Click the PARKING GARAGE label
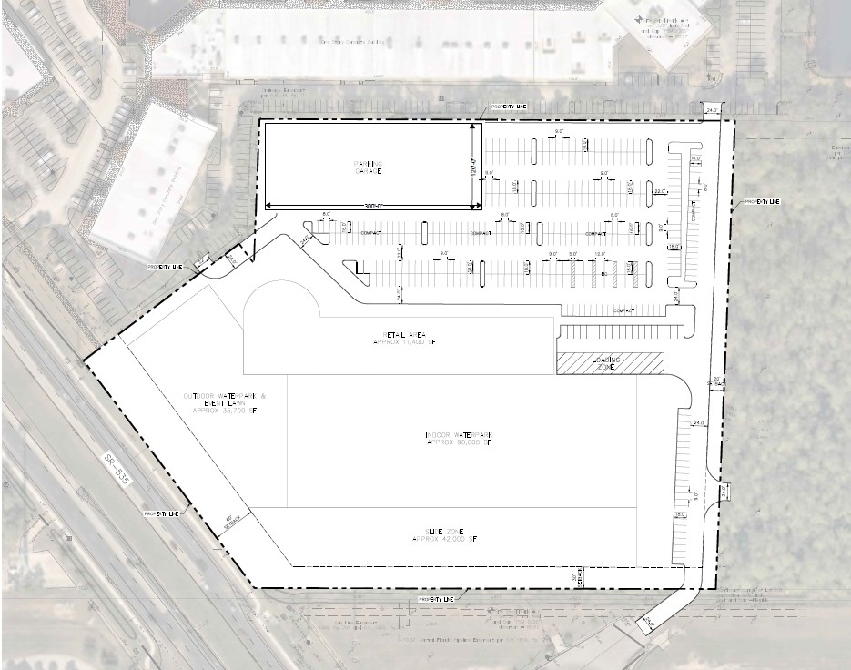[x=368, y=167]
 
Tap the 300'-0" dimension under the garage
[x=368, y=206]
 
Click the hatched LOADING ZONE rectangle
[x=610, y=362]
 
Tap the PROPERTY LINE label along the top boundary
[x=509, y=107]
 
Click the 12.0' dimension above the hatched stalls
[x=599, y=255]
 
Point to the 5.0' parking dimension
[x=572, y=255]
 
